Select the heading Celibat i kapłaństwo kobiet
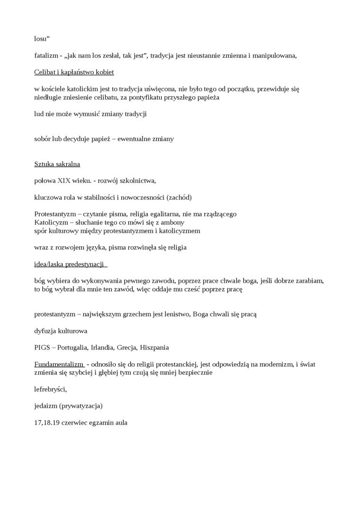coord(74,72)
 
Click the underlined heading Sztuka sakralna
coord(57,164)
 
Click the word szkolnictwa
coord(138,181)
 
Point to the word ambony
coord(172,223)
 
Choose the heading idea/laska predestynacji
coord(69,264)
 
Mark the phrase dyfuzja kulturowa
coord(61,330)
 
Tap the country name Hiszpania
coord(154,348)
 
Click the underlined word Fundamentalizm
coord(58,364)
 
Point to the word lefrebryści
coord(50,389)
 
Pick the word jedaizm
coord(46,406)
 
